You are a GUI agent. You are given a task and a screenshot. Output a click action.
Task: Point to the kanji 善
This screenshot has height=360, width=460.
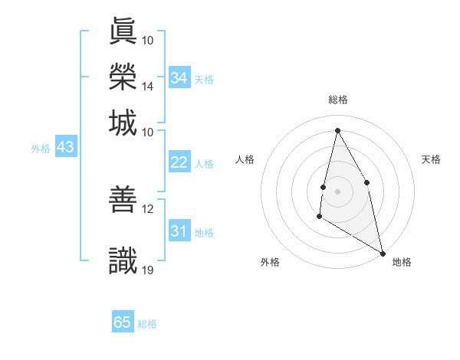click(x=123, y=201)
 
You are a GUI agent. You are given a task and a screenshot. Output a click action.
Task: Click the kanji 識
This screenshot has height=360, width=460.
click(x=123, y=260)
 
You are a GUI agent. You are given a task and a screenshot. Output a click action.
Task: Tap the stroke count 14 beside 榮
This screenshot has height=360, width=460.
click(x=148, y=86)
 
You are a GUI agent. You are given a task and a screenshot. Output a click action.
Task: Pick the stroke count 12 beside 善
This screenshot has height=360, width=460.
click(x=148, y=208)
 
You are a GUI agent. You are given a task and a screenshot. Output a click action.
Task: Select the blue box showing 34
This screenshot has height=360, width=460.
click(x=179, y=78)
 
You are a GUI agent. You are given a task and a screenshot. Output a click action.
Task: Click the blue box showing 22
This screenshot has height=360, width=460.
click(x=179, y=162)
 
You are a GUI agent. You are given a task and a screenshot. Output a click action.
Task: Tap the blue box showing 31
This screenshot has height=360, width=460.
click(x=179, y=231)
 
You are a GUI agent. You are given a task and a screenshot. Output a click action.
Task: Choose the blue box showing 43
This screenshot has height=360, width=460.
click(x=65, y=147)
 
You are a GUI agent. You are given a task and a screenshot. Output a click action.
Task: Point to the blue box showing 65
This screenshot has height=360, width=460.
click(x=123, y=322)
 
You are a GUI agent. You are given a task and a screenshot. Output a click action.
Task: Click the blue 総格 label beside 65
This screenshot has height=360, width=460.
click(x=147, y=324)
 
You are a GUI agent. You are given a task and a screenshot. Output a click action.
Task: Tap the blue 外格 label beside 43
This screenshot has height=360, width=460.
click(x=41, y=149)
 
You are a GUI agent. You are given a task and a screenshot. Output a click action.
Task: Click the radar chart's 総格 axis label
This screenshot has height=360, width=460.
click(x=338, y=100)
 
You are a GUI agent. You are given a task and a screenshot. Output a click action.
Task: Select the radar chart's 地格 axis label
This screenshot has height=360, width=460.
click(x=402, y=262)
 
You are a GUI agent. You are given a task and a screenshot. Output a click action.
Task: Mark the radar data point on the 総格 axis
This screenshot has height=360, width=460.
click(x=337, y=130)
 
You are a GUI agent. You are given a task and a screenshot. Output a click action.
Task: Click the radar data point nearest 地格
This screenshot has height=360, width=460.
click(x=383, y=253)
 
